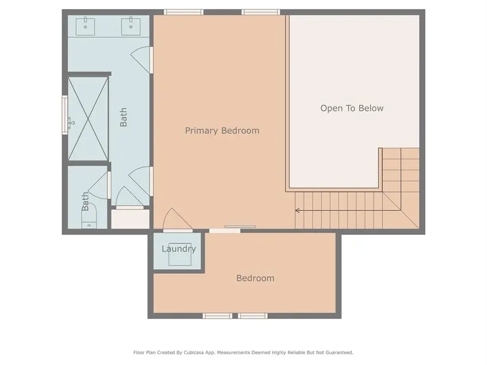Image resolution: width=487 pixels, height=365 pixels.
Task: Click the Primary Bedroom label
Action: (x=222, y=130)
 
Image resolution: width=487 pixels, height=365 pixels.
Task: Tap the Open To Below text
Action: (x=352, y=108)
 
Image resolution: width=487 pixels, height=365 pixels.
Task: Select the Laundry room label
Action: (x=179, y=249)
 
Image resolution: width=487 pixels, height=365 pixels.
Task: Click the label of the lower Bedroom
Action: (x=255, y=278)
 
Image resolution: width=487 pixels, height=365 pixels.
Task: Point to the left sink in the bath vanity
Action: (x=85, y=26)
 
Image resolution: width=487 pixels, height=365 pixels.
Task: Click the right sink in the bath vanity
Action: (x=131, y=26)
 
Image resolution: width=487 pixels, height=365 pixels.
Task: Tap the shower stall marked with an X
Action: (x=88, y=119)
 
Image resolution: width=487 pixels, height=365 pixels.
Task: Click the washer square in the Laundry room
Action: (x=180, y=254)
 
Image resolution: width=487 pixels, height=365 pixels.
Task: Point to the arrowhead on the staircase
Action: (x=297, y=210)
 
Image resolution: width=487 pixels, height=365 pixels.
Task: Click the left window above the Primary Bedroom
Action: (x=183, y=12)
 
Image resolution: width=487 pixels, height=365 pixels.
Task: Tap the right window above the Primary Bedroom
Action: (x=261, y=12)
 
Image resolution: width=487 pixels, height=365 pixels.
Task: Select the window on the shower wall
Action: (x=65, y=115)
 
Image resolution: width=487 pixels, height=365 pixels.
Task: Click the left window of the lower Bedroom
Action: (x=218, y=316)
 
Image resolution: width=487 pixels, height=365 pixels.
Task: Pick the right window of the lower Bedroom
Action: (x=253, y=316)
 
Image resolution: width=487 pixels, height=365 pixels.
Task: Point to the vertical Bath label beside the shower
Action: (x=123, y=117)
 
